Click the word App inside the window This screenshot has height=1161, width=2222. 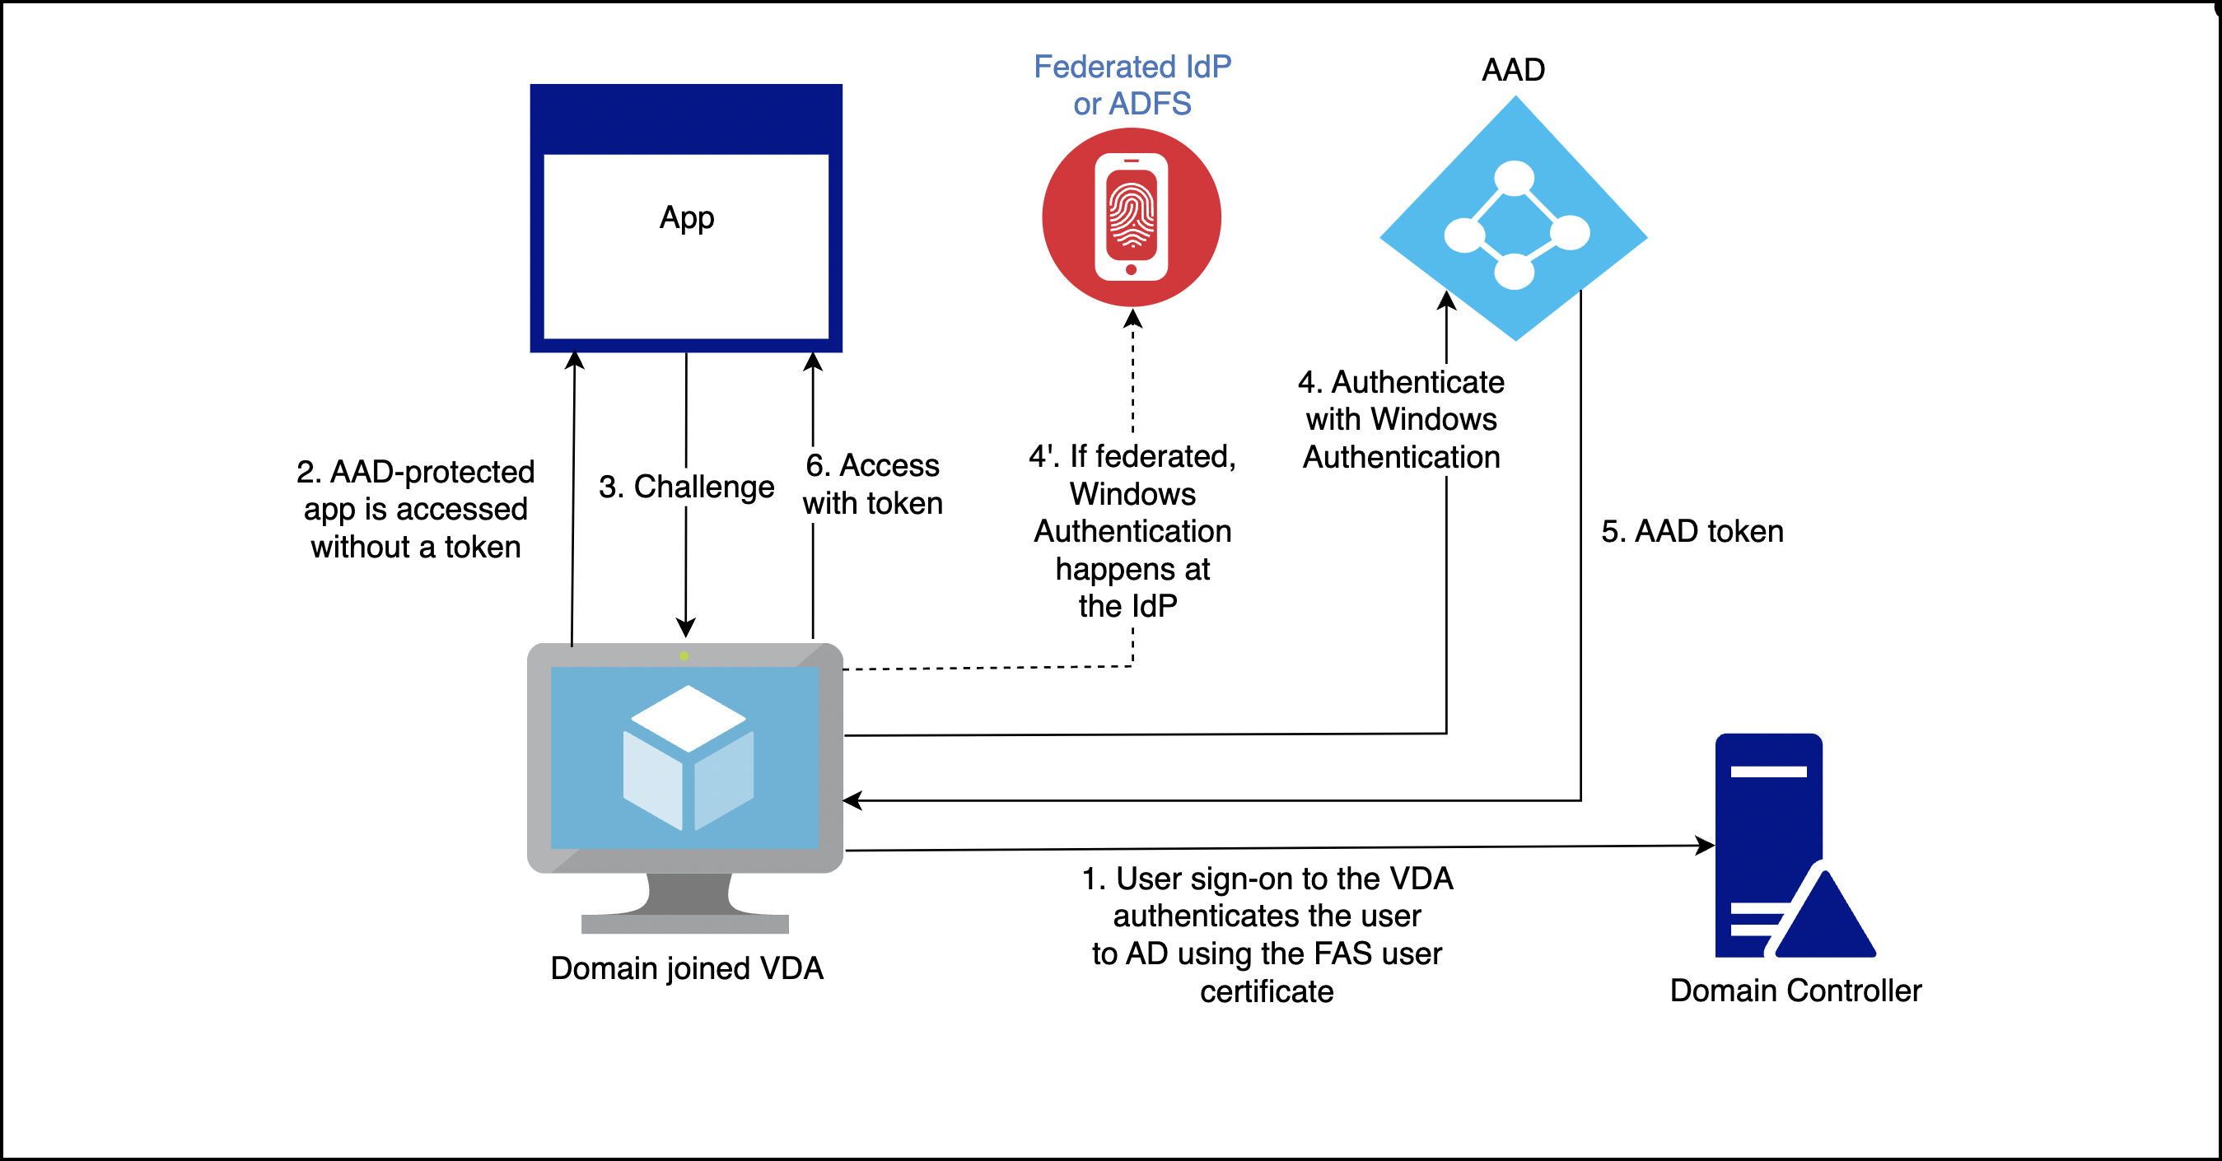[687, 217]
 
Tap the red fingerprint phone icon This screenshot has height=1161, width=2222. [1131, 217]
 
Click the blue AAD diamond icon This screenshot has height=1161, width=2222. [1514, 220]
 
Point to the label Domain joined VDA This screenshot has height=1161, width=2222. [687, 967]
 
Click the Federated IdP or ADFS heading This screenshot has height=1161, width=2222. [1132, 85]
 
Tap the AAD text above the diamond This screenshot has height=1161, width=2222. [1513, 69]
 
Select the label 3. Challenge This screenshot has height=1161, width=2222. [687, 487]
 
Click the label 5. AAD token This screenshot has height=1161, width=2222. [1692, 530]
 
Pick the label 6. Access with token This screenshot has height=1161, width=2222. [872, 484]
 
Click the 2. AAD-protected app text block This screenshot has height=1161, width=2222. [415, 509]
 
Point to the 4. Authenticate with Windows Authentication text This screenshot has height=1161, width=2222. [1401, 419]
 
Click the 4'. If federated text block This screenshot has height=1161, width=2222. [1132, 530]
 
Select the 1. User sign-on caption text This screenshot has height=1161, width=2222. [1267, 934]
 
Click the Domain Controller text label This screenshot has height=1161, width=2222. [1795, 991]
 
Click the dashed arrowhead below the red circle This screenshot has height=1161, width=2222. [1132, 319]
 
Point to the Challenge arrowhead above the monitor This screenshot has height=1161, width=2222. [686, 627]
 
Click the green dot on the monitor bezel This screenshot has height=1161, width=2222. [684, 655]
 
